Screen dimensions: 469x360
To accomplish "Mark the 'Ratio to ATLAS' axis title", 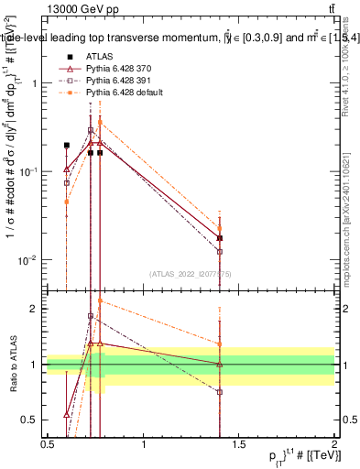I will click(13, 365).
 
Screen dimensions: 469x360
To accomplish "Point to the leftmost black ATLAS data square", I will click(67, 145).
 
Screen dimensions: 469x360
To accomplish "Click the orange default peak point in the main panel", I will click(100, 122).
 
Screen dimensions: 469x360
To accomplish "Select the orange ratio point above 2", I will click(100, 300).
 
